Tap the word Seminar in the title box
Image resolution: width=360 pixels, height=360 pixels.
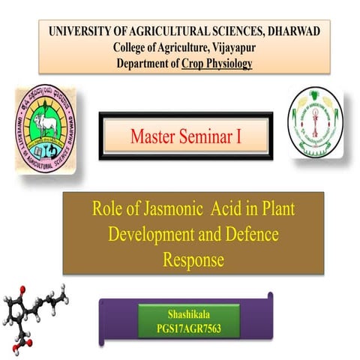point(208,136)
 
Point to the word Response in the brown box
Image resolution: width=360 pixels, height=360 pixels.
point(193,259)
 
